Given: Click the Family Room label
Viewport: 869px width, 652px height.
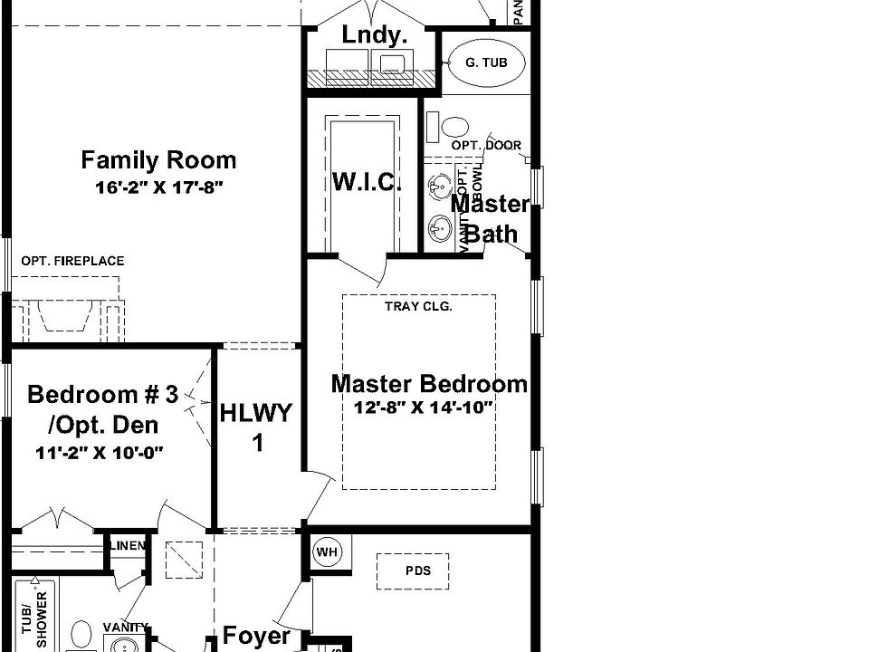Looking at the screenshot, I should click(x=158, y=160).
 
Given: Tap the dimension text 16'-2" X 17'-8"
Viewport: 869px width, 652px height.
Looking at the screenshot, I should click(x=158, y=187).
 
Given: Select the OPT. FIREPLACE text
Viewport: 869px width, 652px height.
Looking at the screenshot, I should click(x=73, y=261).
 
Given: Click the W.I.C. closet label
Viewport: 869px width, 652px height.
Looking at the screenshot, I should click(x=366, y=181).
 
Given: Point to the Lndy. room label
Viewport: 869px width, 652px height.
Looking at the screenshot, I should click(x=374, y=35).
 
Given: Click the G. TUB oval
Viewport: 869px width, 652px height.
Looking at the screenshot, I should click(x=485, y=62).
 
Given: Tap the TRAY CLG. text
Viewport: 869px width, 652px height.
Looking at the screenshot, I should click(x=418, y=306).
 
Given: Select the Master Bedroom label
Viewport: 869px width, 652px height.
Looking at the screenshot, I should click(x=429, y=383).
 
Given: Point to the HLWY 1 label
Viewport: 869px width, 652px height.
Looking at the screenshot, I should click(x=257, y=427).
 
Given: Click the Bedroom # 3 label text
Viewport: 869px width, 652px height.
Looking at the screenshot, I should click(x=103, y=395).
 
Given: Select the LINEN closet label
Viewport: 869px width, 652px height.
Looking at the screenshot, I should click(x=127, y=545).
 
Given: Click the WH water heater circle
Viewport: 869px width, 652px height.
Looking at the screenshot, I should click(x=325, y=551).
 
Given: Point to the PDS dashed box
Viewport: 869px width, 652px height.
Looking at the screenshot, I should click(x=418, y=570).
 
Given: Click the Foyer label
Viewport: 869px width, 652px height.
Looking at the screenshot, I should click(x=256, y=636).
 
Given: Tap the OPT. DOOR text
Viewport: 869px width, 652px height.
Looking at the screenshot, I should click(x=486, y=145).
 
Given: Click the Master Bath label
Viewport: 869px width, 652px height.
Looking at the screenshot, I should click(x=491, y=218).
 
